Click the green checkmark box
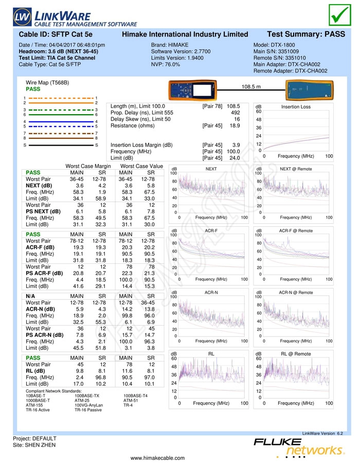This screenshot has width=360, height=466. tap(340, 14)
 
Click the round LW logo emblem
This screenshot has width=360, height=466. tap(22, 16)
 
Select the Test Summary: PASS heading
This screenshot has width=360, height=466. tap(306, 34)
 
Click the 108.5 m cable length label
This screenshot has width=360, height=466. tap(251, 87)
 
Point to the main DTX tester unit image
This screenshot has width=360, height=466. tap(192, 89)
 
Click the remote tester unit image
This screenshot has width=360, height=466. tap(310, 89)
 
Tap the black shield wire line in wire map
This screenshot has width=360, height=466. tap(61, 145)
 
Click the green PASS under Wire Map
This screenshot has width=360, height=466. tap(33, 89)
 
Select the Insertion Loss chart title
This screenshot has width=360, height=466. tap(296, 106)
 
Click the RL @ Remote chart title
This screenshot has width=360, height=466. tap(296, 354)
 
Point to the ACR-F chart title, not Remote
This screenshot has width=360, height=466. tap(211, 230)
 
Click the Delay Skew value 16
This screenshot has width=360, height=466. tap(237, 119)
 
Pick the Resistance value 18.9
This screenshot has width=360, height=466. tap(235, 126)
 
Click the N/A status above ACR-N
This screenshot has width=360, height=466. tap(30, 296)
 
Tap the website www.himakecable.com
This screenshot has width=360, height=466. tap(157, 458)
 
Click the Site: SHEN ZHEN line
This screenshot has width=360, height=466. tap(34, 445)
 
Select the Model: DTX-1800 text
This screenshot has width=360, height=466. tap(274, 45)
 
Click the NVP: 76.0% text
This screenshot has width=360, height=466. tap(165, 64)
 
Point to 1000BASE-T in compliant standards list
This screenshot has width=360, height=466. tap(38, 400)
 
